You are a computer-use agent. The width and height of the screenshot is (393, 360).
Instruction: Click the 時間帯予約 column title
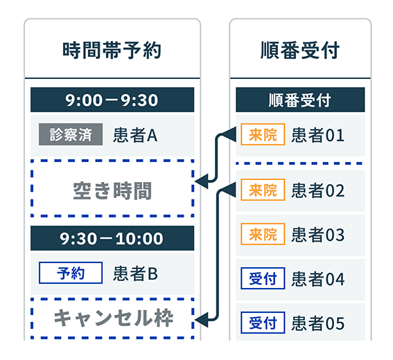pyautogui.click(x=112, y=51)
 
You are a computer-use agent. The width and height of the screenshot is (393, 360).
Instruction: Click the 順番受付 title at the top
pyautogui.click(x=300, y=51)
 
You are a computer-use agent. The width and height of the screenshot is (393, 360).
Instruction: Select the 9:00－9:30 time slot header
pyautogui.click(x=112, y=100)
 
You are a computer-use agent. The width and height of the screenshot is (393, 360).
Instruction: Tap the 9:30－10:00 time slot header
pyautogui.click(x=112, y=238)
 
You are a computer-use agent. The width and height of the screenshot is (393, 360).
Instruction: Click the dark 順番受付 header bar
pyautogui.click(x=300, y=100)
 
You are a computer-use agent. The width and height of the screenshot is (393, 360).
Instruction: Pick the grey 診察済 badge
pyautogui.click(x=71, y=134)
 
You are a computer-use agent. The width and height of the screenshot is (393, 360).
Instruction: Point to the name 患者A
pyautogui.click(x=135, y=135)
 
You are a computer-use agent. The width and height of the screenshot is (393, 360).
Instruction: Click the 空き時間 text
pyautogui.click(x=112, y=191)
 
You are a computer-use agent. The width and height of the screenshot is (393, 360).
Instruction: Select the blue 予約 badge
pyautogui.click(x=71, y=273)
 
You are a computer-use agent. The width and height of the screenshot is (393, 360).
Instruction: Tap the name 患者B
pyautogui.click(x=135, y=273)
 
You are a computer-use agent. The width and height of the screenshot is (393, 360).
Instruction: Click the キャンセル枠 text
pyautogui.click(x=114, y=318)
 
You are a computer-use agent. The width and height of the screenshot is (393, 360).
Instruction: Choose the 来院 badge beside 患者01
pyautogui.click(x=263, y=134)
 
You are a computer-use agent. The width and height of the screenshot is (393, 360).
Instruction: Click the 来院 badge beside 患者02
pyautogui.click(x=263, y=190)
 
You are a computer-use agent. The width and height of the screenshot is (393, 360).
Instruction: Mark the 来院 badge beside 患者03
pyautogui.click(x=263, y=234)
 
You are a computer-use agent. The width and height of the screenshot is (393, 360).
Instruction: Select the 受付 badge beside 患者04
pyautogui.click(x=263, y=278)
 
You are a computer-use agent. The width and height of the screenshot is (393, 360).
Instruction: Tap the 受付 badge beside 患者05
pyautogui.click(x=263, y=323)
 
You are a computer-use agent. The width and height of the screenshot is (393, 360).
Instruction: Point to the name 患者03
pyautogui.click(x=318, y=235)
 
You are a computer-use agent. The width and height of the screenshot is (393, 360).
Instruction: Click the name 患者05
pyautogui.click(x=318, y=323)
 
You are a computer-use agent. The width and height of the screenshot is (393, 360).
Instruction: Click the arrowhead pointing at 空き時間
pyautogui.click(x=201, y=181)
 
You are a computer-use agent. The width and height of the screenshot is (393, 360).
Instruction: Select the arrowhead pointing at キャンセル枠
pyautogui.click(x=201, y=320)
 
